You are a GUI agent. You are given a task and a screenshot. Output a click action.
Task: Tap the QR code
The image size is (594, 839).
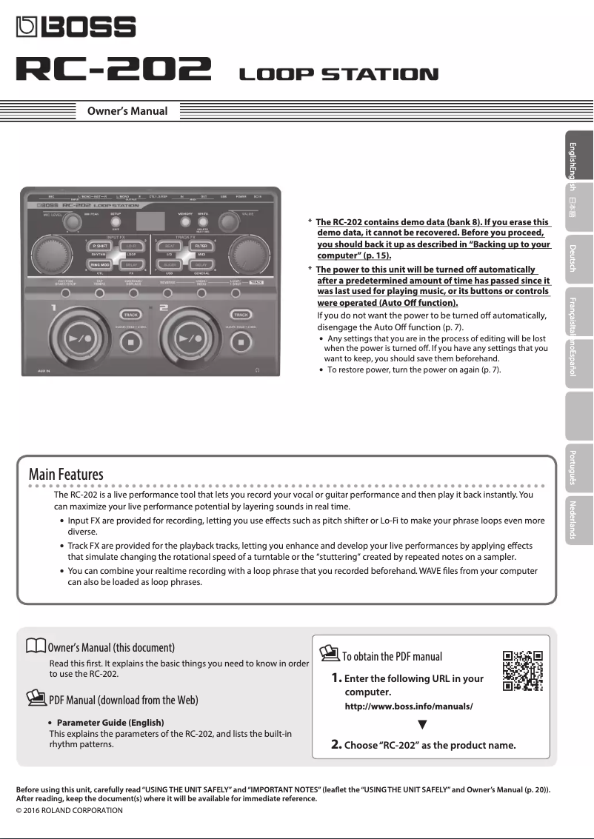(523, 670)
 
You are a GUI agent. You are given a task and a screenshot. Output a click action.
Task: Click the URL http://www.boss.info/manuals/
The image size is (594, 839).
(409, 706)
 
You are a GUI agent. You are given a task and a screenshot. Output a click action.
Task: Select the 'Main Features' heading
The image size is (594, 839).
(66, 474)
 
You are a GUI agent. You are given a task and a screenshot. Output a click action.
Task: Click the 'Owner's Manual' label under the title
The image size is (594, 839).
(127, 112)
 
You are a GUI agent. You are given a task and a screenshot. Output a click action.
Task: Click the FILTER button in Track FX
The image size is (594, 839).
(201, 246)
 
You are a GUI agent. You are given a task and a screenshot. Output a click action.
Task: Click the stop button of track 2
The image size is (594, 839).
(240, 341)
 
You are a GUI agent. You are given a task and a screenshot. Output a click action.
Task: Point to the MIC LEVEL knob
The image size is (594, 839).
(72, 223)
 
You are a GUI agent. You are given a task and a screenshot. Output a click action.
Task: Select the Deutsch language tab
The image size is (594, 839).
(572, 257)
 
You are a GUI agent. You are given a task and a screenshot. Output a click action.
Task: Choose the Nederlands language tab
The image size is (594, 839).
(572, 519)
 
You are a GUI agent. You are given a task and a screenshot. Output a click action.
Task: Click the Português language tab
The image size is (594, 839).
(572, 467)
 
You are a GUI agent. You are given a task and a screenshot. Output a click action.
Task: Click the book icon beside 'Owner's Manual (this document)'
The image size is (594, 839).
(35, 646)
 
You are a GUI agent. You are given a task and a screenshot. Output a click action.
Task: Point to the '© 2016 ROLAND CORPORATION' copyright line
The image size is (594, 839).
(70, 810)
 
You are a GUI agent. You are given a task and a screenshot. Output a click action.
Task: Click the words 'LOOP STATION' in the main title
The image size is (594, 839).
(338, 73)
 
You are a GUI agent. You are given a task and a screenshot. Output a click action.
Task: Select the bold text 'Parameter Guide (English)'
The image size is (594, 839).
(110, 722)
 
